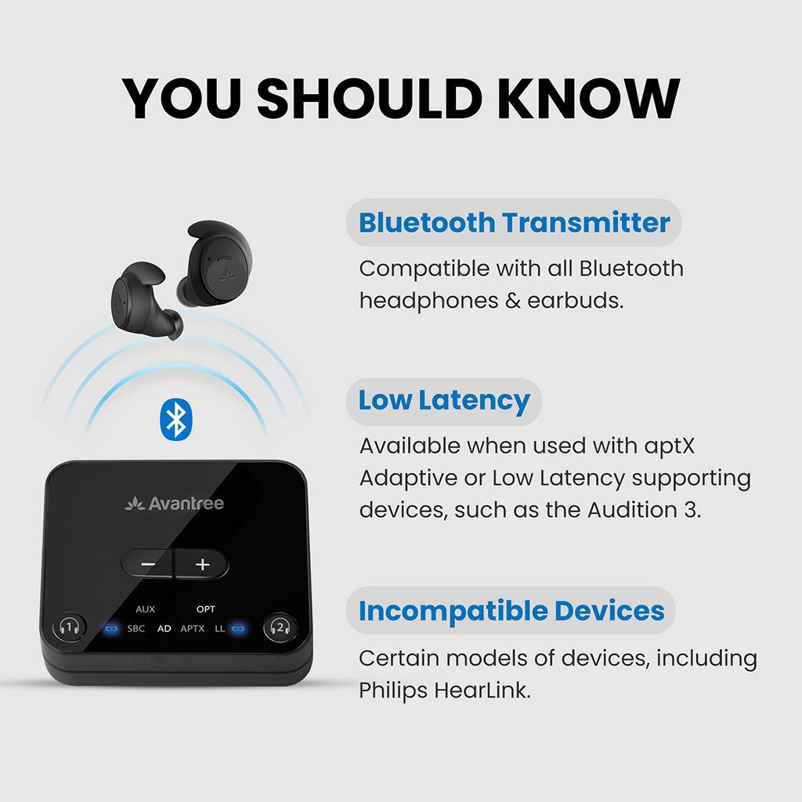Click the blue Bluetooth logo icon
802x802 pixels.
[x=176, y=419]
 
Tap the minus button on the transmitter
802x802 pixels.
[x=148, y=564]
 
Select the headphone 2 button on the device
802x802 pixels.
[x=279, y=627]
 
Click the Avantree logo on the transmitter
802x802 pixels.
[x=174, y=504]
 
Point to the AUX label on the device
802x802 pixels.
[x=145, y=609]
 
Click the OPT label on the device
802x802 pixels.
[x=206, y=609]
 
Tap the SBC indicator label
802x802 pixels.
[x=135, y=628]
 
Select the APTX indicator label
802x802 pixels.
[x=192, y=628]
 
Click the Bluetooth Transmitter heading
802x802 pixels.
[x=514, y=222]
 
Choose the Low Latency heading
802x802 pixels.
[x=444, y=400]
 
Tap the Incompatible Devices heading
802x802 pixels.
[x=511, y=611]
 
